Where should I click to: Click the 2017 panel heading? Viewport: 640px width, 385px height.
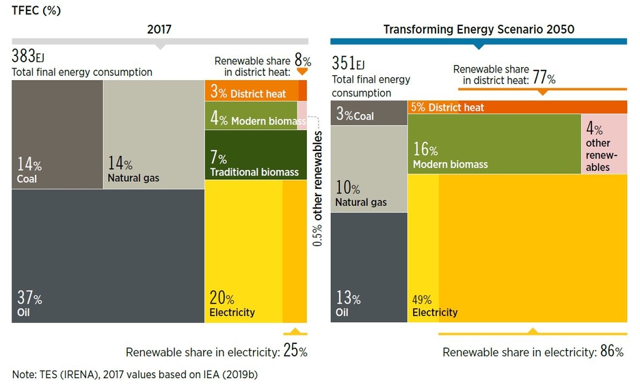[159, 29]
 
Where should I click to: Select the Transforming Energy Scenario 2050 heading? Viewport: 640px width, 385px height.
[479, 29]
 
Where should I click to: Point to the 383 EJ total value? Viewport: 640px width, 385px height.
[29, 57]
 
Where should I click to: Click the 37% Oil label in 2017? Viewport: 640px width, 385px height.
[29, 305]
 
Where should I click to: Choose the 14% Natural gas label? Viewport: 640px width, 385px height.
[133, 171]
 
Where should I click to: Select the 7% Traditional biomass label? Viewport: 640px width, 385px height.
[254, 165]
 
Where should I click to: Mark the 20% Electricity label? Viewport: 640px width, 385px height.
[232, 305]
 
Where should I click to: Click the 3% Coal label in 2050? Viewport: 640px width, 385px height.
[355, 115]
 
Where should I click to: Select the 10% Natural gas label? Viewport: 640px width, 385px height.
[360, 194]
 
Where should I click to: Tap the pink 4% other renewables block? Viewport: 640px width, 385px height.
[604, 144]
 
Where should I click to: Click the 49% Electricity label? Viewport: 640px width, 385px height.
[434, 306]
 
